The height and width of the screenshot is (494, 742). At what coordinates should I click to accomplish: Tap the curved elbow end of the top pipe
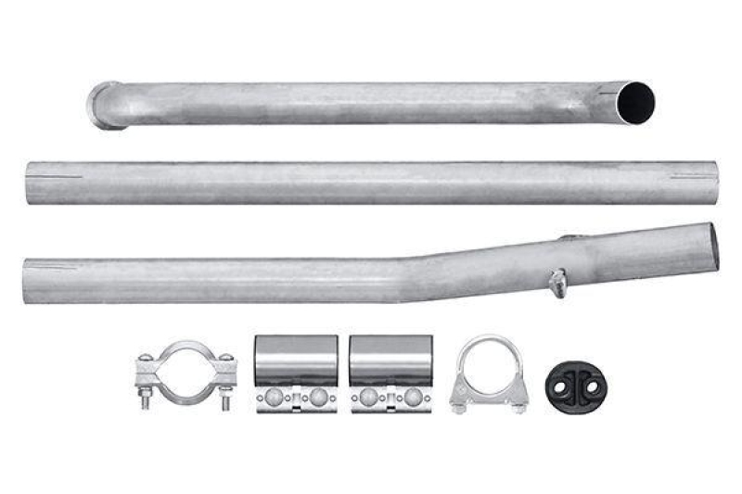pyautogui.click(x=105, y=105)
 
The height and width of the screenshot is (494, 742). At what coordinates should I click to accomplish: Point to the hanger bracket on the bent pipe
pyautogui.click(x=558, y=282)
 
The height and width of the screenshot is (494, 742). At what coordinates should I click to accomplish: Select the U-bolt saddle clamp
pyautogui.click(x=489, y=375)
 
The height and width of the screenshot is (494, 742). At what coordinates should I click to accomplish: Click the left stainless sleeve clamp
pyautogui.click(x=296, y=374)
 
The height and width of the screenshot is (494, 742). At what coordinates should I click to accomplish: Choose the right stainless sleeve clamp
pyautogui.click(x=391, y=374)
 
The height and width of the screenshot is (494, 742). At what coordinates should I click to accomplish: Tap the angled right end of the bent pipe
pyautogui.click(x=712, y=247)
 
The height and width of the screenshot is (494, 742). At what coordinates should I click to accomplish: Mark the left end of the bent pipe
pyautogui.click(x=28, y=282)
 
